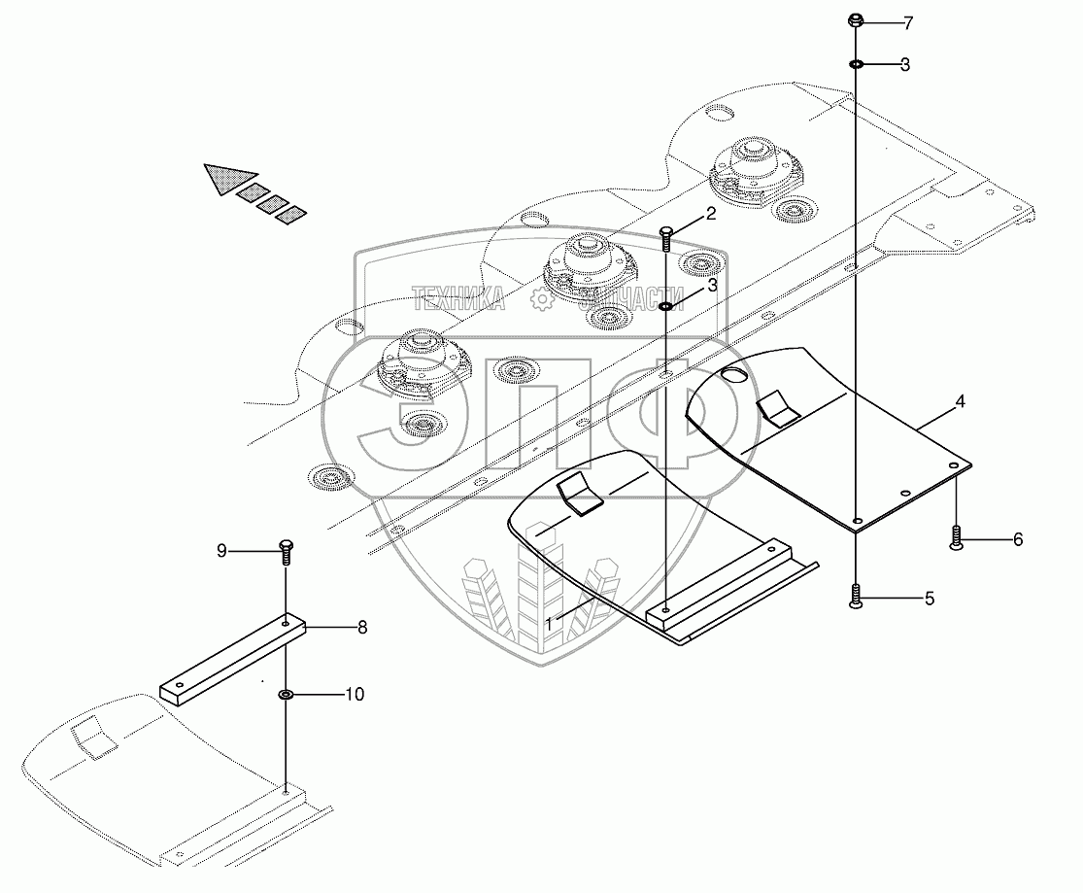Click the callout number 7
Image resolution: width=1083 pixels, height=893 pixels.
point(909,21)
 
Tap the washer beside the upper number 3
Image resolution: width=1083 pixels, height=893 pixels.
point(857,64)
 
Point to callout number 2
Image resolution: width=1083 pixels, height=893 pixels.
point(712,214)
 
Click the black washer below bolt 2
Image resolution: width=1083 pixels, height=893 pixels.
point(666,306)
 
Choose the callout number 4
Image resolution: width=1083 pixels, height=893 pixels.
point(960,400)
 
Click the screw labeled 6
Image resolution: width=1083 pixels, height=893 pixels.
point(957,538)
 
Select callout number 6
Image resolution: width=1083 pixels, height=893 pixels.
point(1018,539)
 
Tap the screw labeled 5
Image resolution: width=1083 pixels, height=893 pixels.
point(856,597)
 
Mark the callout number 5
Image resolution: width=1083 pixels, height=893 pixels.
point(929,599)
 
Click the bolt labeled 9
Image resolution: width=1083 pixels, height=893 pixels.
point(286,551)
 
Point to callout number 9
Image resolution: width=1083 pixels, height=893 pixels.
point(221,551)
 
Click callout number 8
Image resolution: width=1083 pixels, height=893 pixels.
point(362,628)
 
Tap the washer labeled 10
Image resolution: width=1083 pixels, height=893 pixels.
point(287,695)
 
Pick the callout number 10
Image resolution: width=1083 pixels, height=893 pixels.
point(354,695)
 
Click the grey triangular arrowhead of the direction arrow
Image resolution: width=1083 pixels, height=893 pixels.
point(222,177)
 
